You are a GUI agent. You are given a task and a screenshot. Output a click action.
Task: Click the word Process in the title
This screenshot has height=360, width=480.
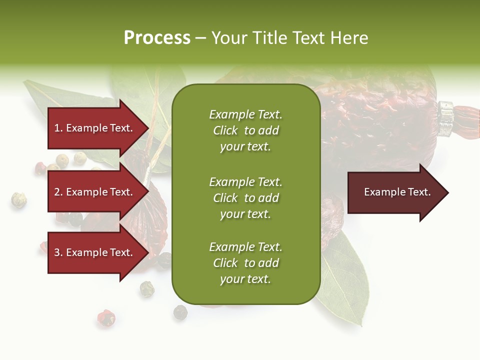point(157,38)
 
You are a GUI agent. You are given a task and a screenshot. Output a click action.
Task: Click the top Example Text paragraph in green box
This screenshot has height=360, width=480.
point(245,130)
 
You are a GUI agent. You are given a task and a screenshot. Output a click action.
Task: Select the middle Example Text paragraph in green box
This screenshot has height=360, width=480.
point(245,198)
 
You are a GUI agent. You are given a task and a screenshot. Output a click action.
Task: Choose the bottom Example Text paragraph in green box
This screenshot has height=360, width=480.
point(245,263)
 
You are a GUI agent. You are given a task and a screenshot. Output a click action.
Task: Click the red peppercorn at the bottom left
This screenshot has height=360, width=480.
point(106,317)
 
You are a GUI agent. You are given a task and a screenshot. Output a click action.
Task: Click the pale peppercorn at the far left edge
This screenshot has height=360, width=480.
point(19,200)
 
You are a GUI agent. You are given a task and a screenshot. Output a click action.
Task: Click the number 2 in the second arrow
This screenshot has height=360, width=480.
point(57,192)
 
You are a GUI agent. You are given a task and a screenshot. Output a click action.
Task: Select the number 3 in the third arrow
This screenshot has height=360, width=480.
point(57,252)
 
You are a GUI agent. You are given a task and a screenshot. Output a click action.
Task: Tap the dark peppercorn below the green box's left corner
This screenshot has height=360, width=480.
point(180,312)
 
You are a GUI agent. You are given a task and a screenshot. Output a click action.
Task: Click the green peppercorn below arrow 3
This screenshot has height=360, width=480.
point(147,287)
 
